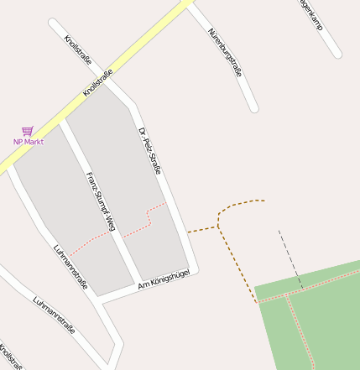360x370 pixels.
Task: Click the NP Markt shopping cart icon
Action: [28, 131]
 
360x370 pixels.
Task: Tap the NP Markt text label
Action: [28, 142]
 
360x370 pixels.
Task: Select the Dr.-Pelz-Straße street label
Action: [149, 151]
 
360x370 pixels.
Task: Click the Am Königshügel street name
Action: [164, 280]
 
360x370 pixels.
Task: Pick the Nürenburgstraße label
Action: [225, 53]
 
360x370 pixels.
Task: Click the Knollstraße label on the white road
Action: [78, 50]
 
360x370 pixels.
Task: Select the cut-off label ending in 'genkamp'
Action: [310, 14]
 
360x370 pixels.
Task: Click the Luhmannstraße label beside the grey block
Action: [70, 268]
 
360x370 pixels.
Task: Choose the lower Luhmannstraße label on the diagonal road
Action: [54, 315]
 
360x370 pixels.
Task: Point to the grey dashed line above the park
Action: [290, 259]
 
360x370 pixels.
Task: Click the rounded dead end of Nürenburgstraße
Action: [253, 107]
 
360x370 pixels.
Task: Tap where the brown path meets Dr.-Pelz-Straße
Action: [187, 232]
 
